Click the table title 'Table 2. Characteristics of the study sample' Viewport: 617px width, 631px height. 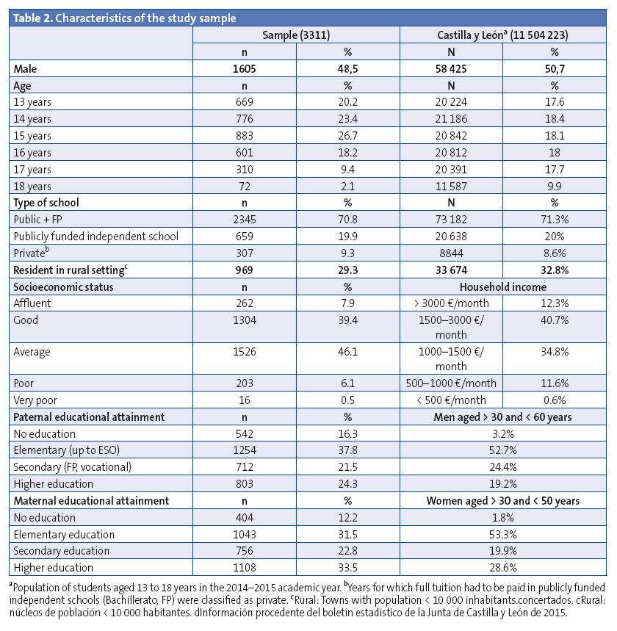tap(125, 17)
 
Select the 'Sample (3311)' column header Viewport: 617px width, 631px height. tap(296, 35)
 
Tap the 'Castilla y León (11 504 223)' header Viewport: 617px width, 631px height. tap(503, 35)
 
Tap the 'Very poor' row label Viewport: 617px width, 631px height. tap(35, 400)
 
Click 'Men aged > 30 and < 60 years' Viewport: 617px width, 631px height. tap(503, 417)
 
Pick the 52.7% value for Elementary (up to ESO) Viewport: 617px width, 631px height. tap(503, 450)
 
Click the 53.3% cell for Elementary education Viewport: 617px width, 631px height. tap(503, 534)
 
